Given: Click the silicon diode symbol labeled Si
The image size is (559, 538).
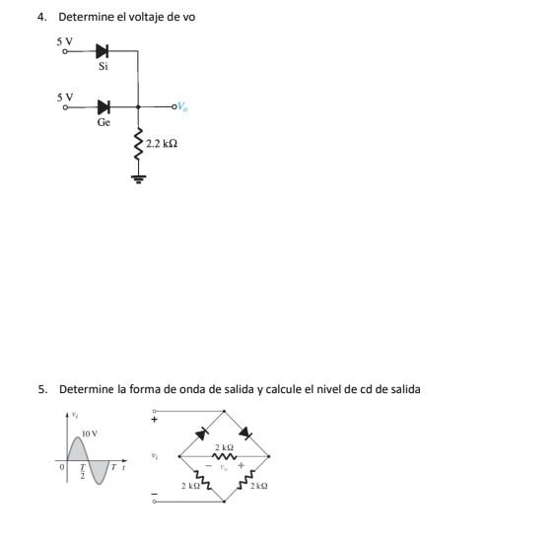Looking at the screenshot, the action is (x=103, y=50).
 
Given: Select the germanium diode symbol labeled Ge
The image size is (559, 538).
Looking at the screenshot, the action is (x=103, y=105).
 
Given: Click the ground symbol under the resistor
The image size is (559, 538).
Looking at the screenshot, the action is (x=138, y=179).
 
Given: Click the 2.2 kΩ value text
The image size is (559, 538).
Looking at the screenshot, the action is (x=162, y=144).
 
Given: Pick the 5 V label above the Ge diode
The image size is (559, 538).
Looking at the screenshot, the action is (x=64, y=97).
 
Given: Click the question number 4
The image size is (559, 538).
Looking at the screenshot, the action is (x=41, y=18).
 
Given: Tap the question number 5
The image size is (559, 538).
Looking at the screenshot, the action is (x=41, y=389).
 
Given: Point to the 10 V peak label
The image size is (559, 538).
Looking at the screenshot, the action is (x=90, y=434).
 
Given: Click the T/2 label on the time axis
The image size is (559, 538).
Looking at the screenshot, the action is (x=83, y=473).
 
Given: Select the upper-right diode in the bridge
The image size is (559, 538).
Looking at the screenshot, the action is (x=246, y=433).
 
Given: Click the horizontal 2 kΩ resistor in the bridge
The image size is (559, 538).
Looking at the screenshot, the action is (x=224, y=456).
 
